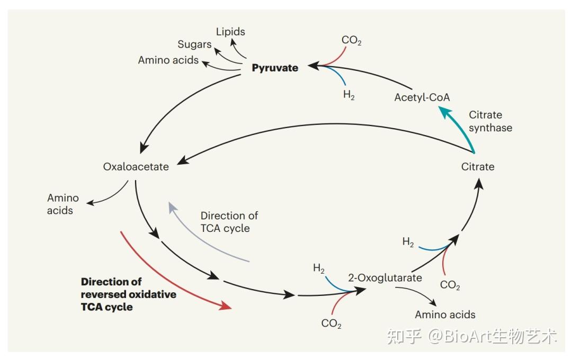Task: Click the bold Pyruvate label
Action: pyautogui.click(x=275, y=68)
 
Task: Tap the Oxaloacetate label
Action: pyautogui.click(x=136, y=167)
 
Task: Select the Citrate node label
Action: pyautogui.click(x=478, y=167)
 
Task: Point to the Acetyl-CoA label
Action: pyautogui.click(x=422, y=97)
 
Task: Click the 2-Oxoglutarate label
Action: pyautogui.click(x=385, y=277)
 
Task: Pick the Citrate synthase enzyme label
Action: pyautogui.click(x=490, y=121)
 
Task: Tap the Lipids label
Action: pyautogui.click(x=230, y=32)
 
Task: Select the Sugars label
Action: pyautogui.click(x=194, y=45)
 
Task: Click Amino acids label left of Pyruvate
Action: pyautogui.click(x=168, y=60)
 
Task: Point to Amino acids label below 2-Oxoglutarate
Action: pyautogui.click(x=445, y=314)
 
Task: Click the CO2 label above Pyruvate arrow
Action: pyautogui.click(x=351, y=40)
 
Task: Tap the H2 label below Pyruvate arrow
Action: pyautogui.click(x=348, y=95)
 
